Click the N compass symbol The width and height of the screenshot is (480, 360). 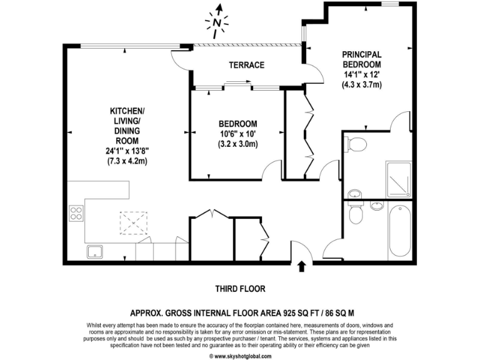(x=216, y=22)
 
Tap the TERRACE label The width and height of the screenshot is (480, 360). (x=246, y=65)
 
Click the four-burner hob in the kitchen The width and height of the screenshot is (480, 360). (x=77, y=213)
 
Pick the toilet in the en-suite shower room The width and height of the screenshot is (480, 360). (x=357, y=145)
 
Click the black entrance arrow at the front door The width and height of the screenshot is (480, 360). (x=302, y=267)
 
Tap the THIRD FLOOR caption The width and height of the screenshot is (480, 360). (x=240, y=289)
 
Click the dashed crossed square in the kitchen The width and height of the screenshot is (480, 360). (x=131, y=221)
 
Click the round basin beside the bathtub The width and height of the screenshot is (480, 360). (x=377, y=206)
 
